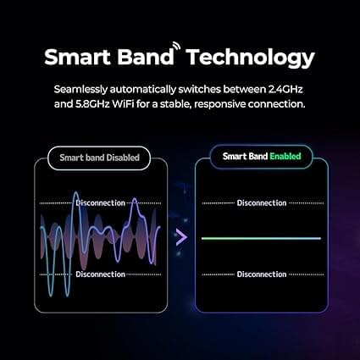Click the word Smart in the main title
tap(77, 58)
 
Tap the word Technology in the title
tap(250, 58)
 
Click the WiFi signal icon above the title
tap(176, 47)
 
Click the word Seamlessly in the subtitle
tap(80, 90)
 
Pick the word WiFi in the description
tap(123, 104)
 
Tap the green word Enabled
tap(285, 156)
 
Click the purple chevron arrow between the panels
tap(181, 237)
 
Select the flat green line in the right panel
tap(261, 239)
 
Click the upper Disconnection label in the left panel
tap(101, 203)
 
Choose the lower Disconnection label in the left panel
tap(101, 274)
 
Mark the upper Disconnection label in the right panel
tap(262, 203)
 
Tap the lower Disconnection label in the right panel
tap(262, 274)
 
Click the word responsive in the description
tap(220, 105)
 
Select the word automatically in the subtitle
tap(142, 90)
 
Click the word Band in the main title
tap(146, 58)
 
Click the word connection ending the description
tap(277, 104)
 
